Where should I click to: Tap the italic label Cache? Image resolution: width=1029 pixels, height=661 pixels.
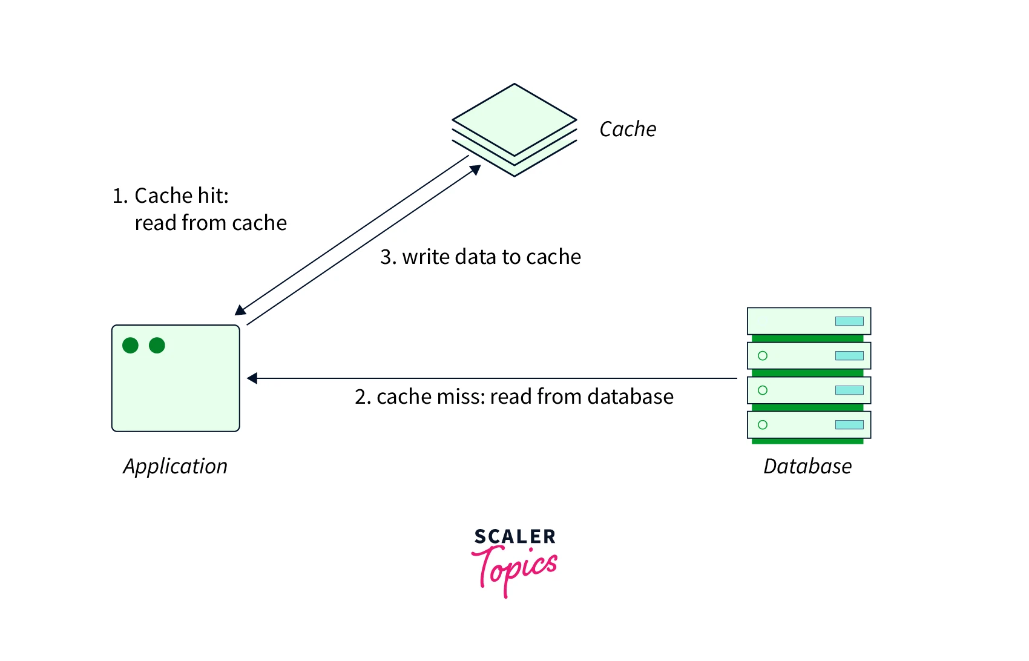coord(628,129)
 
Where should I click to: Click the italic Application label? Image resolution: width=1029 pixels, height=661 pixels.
coord(176,466)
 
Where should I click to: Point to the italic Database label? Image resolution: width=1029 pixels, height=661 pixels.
coord(807,466)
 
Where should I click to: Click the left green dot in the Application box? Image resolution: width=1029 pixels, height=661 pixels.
coord(130,345)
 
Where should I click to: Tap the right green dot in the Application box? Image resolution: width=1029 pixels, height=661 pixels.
coord(157,345)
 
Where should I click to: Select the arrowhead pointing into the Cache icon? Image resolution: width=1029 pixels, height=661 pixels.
coord(476,170)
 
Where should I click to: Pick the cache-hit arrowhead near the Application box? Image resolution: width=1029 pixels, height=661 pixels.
coord(240,311)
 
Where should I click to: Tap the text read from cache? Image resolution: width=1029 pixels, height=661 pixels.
coord(211,223)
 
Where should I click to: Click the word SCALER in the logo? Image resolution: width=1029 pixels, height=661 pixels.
coord(514,536)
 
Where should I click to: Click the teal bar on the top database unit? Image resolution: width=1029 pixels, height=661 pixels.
coord(849,321)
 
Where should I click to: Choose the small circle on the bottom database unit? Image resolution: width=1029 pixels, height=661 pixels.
coord(763,425)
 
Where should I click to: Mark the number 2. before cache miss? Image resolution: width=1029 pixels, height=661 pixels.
coord(363,396)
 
